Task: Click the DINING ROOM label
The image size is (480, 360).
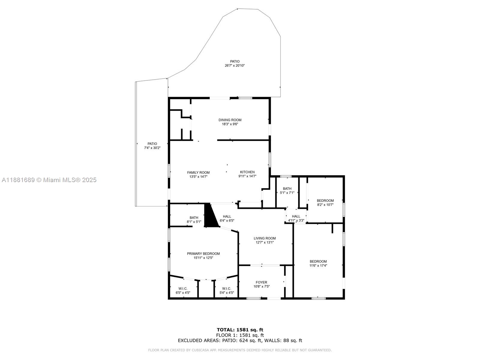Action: (230, 120)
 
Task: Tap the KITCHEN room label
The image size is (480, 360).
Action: (247, 172)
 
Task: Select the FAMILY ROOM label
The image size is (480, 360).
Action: (198, 172)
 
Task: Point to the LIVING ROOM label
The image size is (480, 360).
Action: (265, 238)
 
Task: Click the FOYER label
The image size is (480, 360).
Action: (261, 282)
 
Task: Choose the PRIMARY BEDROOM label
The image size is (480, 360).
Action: (203, 253)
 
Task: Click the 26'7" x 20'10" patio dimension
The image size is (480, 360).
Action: (235, 66)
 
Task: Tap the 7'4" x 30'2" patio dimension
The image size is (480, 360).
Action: (152, 148)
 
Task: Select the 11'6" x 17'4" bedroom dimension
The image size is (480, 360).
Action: (318, 265)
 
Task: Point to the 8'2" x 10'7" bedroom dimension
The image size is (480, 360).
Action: (325, 205)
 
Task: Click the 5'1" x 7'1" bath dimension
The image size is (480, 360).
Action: (287, 193)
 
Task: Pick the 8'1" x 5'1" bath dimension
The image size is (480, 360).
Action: (194, 222)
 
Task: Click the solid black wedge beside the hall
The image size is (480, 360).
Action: (211, 216)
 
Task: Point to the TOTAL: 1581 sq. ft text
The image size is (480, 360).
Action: (240, 330)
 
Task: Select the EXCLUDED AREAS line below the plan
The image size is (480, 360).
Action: (240, 340)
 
